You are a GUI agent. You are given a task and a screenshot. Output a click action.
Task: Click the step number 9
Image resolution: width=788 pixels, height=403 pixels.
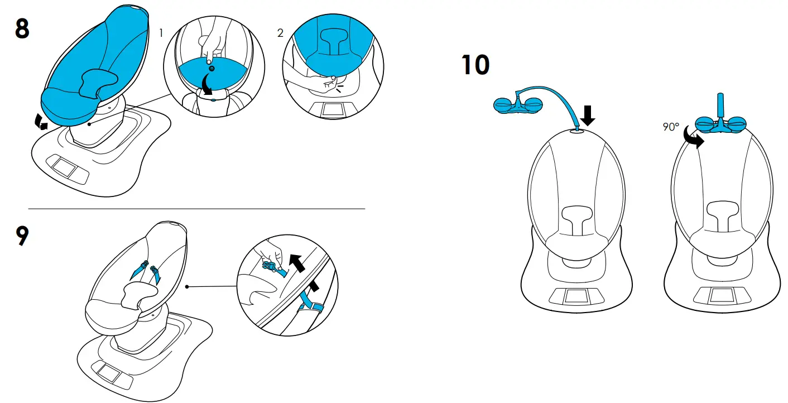21,237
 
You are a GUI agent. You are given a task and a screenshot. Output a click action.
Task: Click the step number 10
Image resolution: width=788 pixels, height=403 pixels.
475,66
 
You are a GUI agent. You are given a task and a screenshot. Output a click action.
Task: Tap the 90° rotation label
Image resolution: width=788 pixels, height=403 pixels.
671,127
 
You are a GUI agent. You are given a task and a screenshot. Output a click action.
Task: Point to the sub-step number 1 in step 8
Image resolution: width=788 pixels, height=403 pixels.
161,33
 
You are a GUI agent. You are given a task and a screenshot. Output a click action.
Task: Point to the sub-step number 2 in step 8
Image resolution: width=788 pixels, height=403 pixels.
280,33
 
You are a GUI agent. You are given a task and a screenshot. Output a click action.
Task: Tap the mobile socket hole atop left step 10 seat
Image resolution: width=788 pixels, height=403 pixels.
578,132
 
